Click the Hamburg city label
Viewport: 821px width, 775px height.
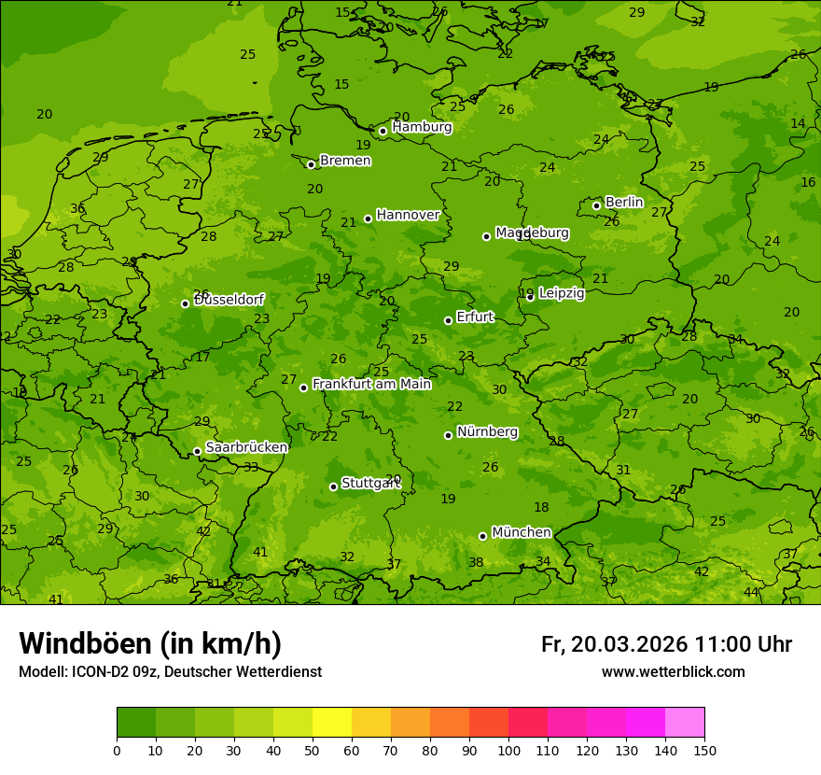[422, 127]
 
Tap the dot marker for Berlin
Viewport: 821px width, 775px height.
[596, 205]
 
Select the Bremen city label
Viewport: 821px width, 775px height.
[345, 161]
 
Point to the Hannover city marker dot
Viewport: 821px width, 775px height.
[368, 218]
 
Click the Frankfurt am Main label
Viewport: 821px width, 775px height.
[371, 384]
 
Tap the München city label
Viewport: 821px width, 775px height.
[521, 532]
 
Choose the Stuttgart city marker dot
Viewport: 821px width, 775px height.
[333, 486]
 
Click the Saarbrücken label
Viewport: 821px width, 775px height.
[246, 447]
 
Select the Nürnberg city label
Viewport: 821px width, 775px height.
[487, 431]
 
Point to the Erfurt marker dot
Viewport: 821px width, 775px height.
[448, 320]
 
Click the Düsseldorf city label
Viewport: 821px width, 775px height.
[229, 300]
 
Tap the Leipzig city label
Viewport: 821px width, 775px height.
[562, 293]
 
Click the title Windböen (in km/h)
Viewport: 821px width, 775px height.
[150, 643]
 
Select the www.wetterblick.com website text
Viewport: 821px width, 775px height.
[673, 671]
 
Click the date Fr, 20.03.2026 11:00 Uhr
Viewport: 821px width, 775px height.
[666, 644]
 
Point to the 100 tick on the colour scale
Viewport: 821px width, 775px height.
[508, 750]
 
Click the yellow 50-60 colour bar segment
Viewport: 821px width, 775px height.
[332, 723]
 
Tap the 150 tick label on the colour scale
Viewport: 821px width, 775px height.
[704, 750]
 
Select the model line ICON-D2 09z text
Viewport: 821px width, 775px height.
[170, 671]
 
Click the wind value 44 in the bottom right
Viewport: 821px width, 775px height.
[751, 593]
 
